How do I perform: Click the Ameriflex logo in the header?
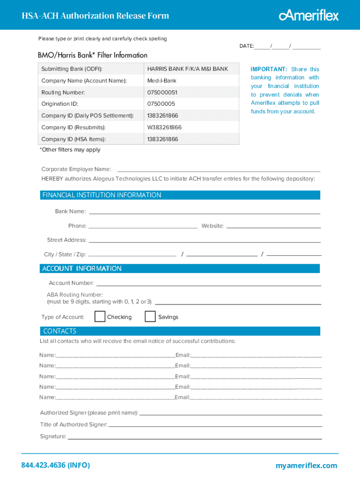(x=309, y=15)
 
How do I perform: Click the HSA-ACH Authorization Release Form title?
(x=95, y=16)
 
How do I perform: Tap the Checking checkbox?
(x=100, y=317)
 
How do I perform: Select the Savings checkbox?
(x=150, y=317)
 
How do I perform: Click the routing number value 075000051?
(x=162, y=93)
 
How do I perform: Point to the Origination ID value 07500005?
(x=161, y=104)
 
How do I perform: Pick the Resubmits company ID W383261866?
(x=164, y=127)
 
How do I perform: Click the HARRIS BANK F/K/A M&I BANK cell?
(x=187, y=69)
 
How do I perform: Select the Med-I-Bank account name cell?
(x=162, y=81)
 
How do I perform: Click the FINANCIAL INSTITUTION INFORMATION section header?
(x=102, y=195)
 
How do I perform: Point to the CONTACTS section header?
(x=60, y=331)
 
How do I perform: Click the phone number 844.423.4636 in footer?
(x=55, y=465)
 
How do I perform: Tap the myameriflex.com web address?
(x=306, y=465)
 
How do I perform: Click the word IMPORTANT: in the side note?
(x=269, y=69)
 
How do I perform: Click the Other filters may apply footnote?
(x=70, y=150)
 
